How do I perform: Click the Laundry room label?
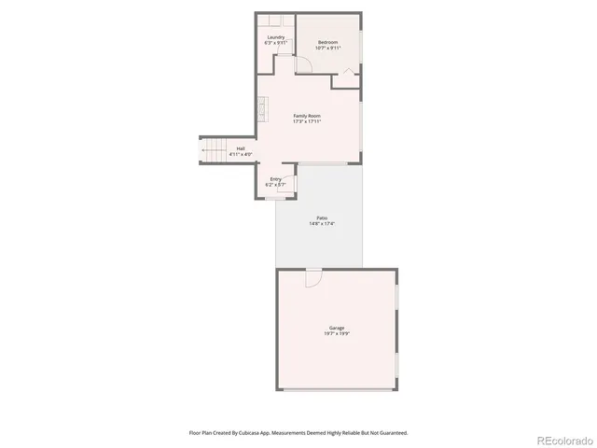point(275,37)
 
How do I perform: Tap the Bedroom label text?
point(327,42)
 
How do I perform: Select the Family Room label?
point(307,116)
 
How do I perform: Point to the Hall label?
point(241,148)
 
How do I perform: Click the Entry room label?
point(276,179)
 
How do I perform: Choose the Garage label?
point(337,328)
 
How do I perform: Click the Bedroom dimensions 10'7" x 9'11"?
point(327,48)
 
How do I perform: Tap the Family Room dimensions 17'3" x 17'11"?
point(307,121)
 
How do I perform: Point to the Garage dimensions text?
point(337,333)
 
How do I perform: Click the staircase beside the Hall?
point(214,150)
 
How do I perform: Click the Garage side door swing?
point(313,278)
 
